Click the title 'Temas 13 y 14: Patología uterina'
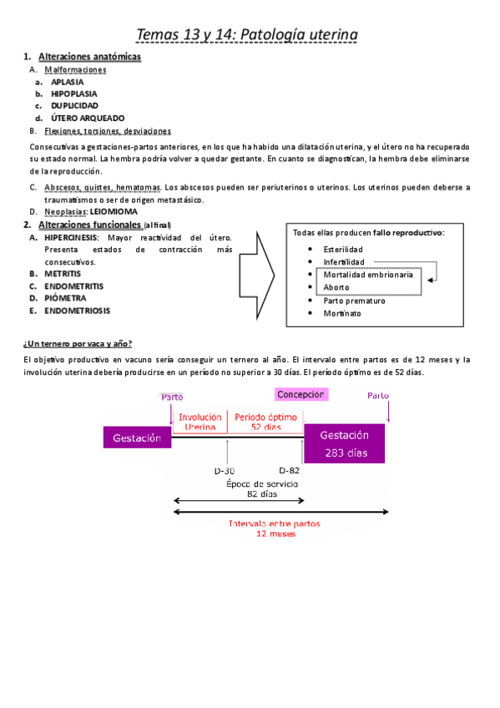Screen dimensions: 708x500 coord(247,34)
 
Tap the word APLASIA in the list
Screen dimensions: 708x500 coord(68,83)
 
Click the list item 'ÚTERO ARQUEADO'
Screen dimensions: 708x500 coord(88,118)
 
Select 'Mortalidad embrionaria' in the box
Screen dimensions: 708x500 coord(367,275)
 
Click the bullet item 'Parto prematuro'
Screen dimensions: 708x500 coord(354,300)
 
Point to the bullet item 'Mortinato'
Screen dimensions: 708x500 coord(341,313)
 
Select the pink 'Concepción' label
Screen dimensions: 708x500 coord(301,394)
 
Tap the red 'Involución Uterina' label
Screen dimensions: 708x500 coord(200,421)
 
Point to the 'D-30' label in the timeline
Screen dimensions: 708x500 coord(225,470)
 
